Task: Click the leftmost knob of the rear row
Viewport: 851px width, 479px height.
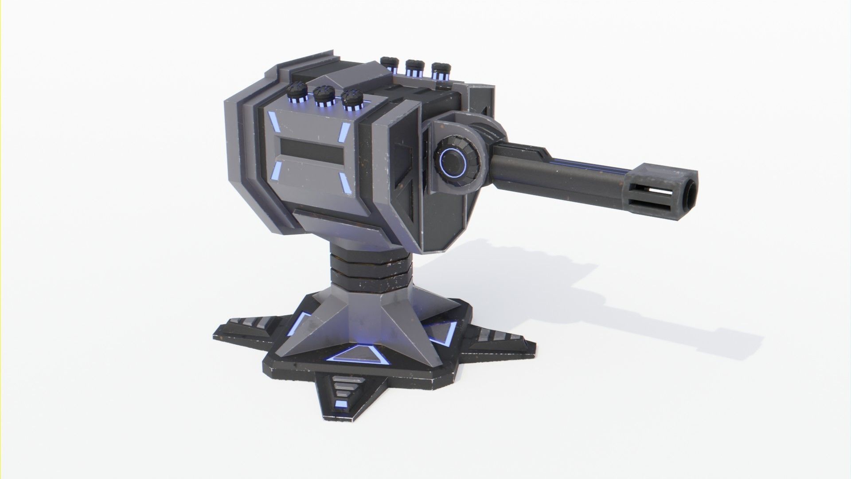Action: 389,63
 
